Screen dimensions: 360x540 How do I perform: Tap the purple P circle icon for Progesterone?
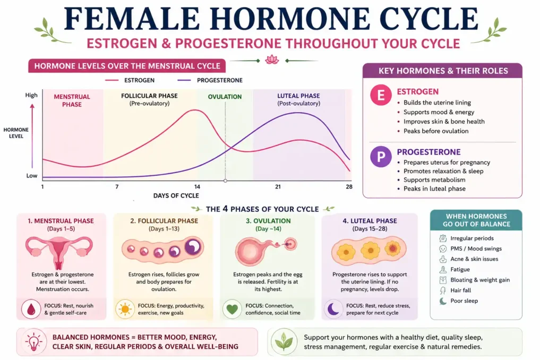click(381, 157)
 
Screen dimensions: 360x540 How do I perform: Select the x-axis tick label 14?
click(197, 186)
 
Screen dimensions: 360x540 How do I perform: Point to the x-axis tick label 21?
click(278, 186)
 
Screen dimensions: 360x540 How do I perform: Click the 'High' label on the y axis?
click(31, 96)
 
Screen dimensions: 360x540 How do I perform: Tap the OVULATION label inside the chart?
click(225, 97)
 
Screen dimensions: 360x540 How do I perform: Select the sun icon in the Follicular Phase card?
click(126, 309)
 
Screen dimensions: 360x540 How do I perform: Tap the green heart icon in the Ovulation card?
click(232, 309)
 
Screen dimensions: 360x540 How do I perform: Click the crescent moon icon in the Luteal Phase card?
click(333, 309)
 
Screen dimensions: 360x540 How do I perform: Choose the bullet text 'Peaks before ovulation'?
click(435, 131)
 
